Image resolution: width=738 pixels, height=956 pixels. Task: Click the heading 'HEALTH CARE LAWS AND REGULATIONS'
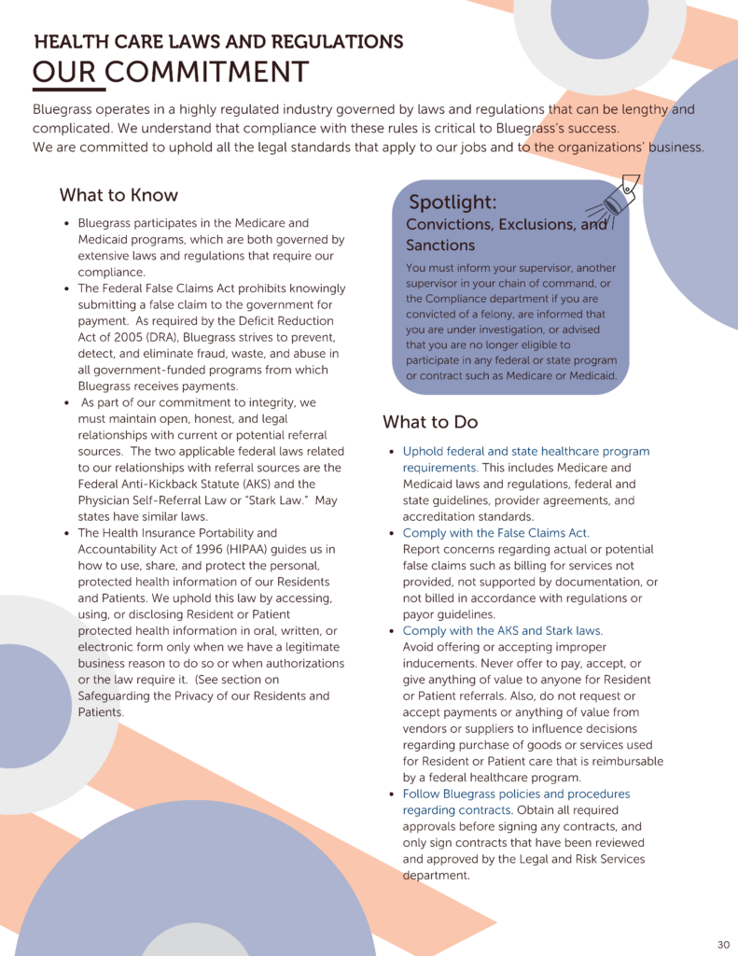(x=218, y=42)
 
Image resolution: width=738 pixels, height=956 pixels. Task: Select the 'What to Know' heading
(x=118, y=195)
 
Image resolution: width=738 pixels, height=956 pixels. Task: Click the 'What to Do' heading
(x=430, y=422)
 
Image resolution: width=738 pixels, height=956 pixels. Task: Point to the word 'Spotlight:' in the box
(x=453, y=203)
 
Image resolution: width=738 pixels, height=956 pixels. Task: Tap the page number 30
(x=723, y=943)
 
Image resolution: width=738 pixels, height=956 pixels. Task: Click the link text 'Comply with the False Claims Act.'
(x=495, y=533)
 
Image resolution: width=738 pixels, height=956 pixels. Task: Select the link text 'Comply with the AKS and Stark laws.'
(x=502, y=631)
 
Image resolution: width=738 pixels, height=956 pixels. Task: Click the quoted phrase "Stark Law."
(x=273, y=500)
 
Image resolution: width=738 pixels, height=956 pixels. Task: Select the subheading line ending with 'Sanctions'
(x=440, y=246)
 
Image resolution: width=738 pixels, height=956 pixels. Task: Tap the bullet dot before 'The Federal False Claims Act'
(x=66, y=288)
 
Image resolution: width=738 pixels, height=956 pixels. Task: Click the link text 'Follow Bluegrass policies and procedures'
(x=516, y=794)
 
